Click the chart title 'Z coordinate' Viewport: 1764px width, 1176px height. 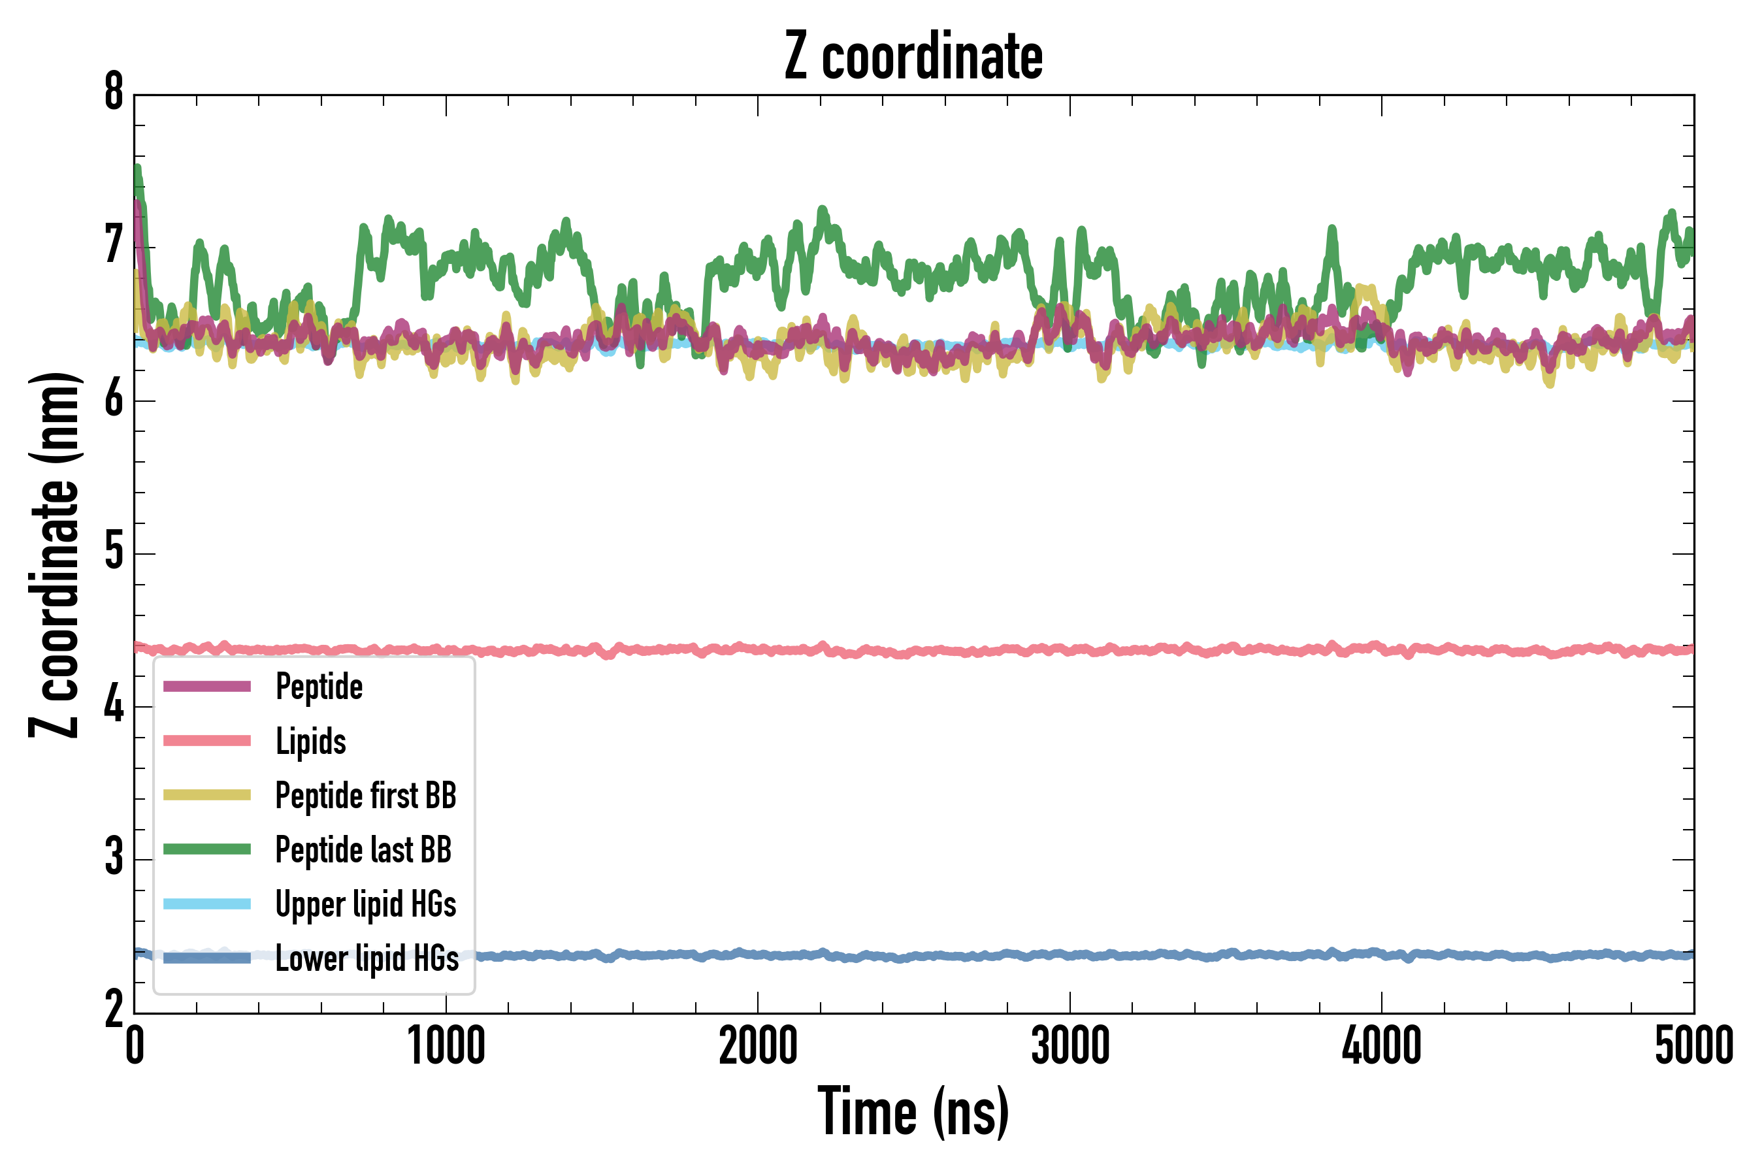click(x=913, y=57)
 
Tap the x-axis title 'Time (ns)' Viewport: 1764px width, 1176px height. click(x=913, y=1111)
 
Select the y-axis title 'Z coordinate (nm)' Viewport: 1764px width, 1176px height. click(x=54, y=554)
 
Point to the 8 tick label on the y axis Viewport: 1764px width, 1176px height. click(x=114, y=93)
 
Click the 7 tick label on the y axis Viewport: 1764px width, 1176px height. click(x=114, y=246)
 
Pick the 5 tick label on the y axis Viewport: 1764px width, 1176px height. click(x=114, y=553)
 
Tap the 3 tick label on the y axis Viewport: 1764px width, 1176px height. click(x=114, y=858)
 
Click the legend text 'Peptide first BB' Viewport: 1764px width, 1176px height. click(x=366, y=796)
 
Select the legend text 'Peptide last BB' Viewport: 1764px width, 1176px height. click(x=363, y=850)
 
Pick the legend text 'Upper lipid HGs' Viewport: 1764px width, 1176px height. click(x=366, y=904)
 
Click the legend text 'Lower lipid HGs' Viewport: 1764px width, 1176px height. click(x=367, y=958)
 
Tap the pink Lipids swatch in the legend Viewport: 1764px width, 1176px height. click(x=207, y=741)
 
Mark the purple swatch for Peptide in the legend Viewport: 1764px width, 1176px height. click(x=207, y=686)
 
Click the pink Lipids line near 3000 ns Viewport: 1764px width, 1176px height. click(x=1070, y=649)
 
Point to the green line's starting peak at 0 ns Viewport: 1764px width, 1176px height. click(x=137, y=169)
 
